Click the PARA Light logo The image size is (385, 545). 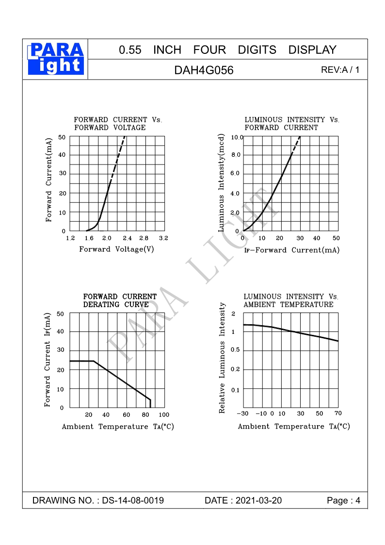coord(56,59)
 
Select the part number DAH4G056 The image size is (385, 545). coord(204,70)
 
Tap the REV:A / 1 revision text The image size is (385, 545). coord(340,70)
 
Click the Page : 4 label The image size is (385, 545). coord(343,500)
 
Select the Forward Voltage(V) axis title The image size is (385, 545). coord(116,249)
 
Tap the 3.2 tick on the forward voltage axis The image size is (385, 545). coord(163,238)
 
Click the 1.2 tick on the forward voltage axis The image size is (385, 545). coord(70,238)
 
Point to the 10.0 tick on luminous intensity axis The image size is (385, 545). coord(236,138)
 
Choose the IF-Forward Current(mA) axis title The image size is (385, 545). coord(291,250)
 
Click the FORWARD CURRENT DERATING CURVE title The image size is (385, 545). coord(120,300)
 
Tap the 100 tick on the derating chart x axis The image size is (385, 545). coord(163,415)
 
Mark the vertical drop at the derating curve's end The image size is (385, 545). coord(150,403)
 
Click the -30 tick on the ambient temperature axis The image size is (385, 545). coord(242,413)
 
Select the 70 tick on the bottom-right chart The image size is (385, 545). coord(338,413)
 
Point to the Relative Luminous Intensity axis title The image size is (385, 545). coord(223,358)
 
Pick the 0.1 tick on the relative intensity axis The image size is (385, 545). coord(236,390)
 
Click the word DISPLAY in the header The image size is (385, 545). coord(312,50)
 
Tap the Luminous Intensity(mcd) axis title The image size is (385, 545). coord(222,182)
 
